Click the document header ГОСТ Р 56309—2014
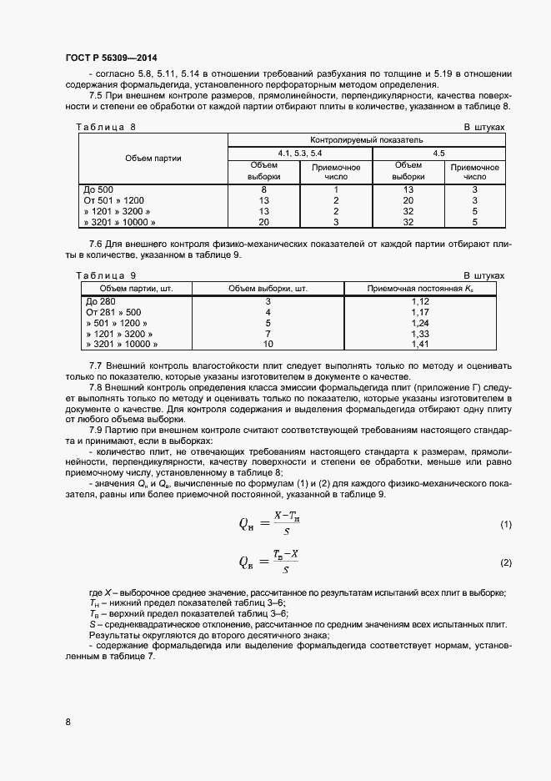click(110, 59)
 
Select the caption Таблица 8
click(106, 127)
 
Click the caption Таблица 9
click(106, 275)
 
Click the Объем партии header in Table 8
click(153, 159)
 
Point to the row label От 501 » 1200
click(114, 201)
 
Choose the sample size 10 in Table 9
click(268, 344)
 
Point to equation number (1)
click(505, 524)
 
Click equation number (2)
click(505, 563)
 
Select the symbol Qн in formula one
click(247, 524)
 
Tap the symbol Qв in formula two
click(247, 563)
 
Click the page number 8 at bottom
click(68, 722)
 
